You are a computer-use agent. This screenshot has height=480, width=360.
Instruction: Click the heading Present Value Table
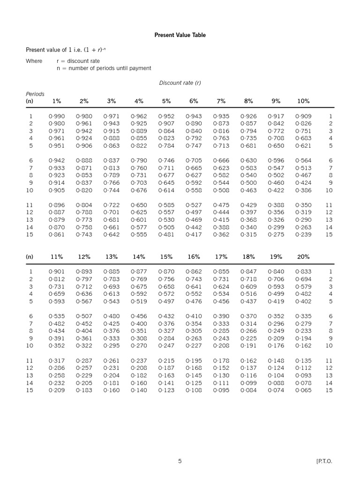click(x=180, y=35)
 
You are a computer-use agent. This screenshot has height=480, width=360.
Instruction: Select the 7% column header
click(x=221, y=101)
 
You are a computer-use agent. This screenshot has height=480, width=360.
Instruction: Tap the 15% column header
click(x=166, y=257)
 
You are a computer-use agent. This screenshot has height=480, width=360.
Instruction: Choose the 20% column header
click(x=303, y=257)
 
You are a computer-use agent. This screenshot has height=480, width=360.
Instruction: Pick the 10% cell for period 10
click(x=303, y=190)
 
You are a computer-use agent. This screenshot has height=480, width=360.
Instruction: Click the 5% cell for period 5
click(x=166, y=146)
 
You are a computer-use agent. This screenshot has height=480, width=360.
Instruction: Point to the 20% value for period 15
click(x=303, y=390)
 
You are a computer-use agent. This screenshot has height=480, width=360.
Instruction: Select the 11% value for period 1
click(x=57, y=272)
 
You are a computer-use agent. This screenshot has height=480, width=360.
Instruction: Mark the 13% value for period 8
click(x=112, y=331)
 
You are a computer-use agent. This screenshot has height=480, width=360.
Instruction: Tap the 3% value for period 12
click(x=112, y=212)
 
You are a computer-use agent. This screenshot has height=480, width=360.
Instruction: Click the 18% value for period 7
click(x=248, y=323)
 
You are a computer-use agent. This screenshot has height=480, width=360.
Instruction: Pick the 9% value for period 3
click(x=276, y=131)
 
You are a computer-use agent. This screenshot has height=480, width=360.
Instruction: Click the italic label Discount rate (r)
click(x=180, y=83)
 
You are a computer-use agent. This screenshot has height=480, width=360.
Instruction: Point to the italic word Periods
click(x=35, y=94)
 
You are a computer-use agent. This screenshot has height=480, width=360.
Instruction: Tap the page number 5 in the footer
click(x=180, y=461)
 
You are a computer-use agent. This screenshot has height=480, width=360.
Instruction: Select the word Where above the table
click(x=34, y=61)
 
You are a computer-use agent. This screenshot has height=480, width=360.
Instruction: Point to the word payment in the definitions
click(x=140, y=68)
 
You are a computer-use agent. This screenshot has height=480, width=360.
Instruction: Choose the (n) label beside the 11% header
click(x=30, y=257)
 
